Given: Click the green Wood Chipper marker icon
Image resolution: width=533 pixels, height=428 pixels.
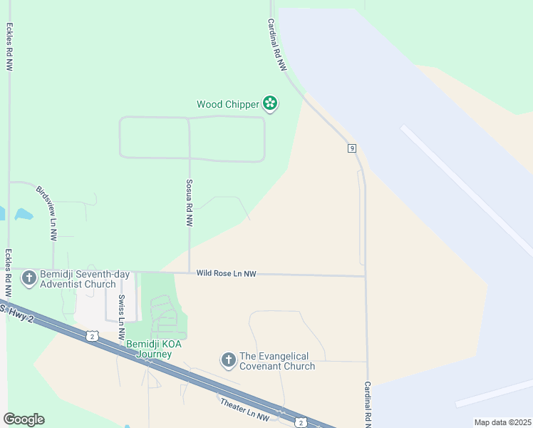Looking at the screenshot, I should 270,104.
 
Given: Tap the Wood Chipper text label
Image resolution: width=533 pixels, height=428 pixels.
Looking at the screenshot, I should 228,104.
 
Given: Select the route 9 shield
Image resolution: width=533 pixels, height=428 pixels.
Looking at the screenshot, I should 352,148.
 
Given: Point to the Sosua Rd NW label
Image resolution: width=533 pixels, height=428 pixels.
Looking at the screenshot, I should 190,203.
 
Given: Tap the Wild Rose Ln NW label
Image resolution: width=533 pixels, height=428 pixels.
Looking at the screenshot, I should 226,273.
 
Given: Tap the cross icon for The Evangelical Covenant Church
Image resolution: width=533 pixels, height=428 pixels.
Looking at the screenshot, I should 229,360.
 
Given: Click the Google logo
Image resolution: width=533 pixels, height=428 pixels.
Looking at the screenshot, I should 24,419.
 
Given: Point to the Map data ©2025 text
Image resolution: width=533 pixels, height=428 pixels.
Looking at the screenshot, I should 502,422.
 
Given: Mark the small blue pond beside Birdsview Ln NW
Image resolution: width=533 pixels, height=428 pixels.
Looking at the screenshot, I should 23,213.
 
